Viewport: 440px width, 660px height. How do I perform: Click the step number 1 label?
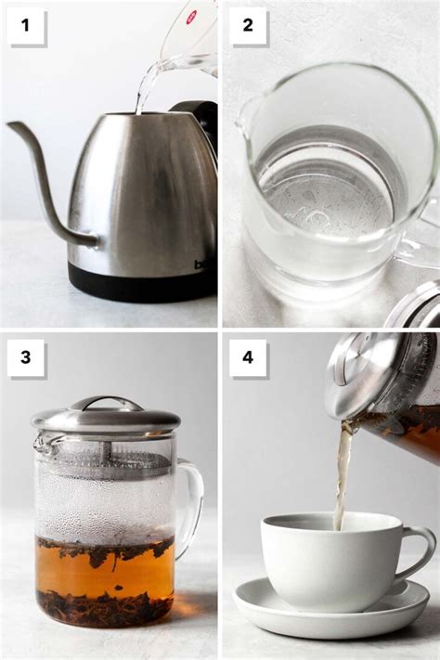coord(26,26)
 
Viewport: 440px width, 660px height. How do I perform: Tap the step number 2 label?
coord(248,26)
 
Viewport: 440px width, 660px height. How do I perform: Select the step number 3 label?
coord(26,357)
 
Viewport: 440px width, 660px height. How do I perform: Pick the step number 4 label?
coord(248,357)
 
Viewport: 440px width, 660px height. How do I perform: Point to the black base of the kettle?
coord(139,282)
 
